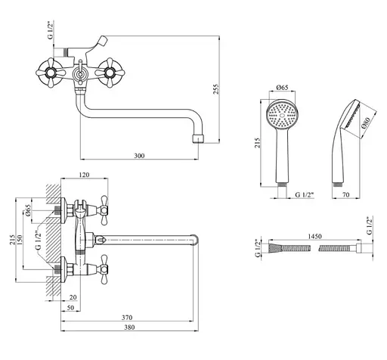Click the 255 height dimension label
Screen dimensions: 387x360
[216, 89]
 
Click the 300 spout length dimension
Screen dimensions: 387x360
[139, 156]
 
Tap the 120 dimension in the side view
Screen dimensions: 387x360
[84, 175]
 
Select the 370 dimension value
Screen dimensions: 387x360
[127, 318]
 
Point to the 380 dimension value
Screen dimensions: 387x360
[129, 327]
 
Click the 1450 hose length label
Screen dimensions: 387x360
[315, 236]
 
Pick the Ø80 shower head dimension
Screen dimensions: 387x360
[366, 123]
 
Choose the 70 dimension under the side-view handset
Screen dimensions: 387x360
[346, 194]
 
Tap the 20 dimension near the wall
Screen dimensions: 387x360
[73, 297]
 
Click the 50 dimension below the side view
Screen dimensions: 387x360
[70, 308]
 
